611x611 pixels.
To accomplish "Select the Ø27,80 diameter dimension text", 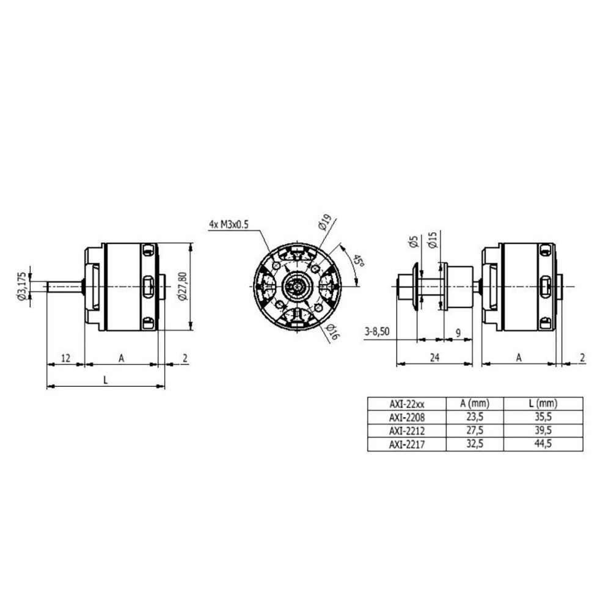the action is pyautogui.click(x=183, y=287).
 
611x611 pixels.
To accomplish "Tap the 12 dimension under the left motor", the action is pyautogui.click(x=66, y=357).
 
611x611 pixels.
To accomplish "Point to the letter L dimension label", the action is pyautogui.click(x=105, y=379).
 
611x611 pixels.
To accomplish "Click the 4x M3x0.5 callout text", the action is pyautogui.click(x=229, y=224).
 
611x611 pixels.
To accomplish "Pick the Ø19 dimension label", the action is pyautogui.click(x=324, y=222).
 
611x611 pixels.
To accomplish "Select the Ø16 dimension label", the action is pyautogui.click(x=333, y=331).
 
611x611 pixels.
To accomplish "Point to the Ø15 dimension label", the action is pyautogui.click(x=433, y=240).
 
